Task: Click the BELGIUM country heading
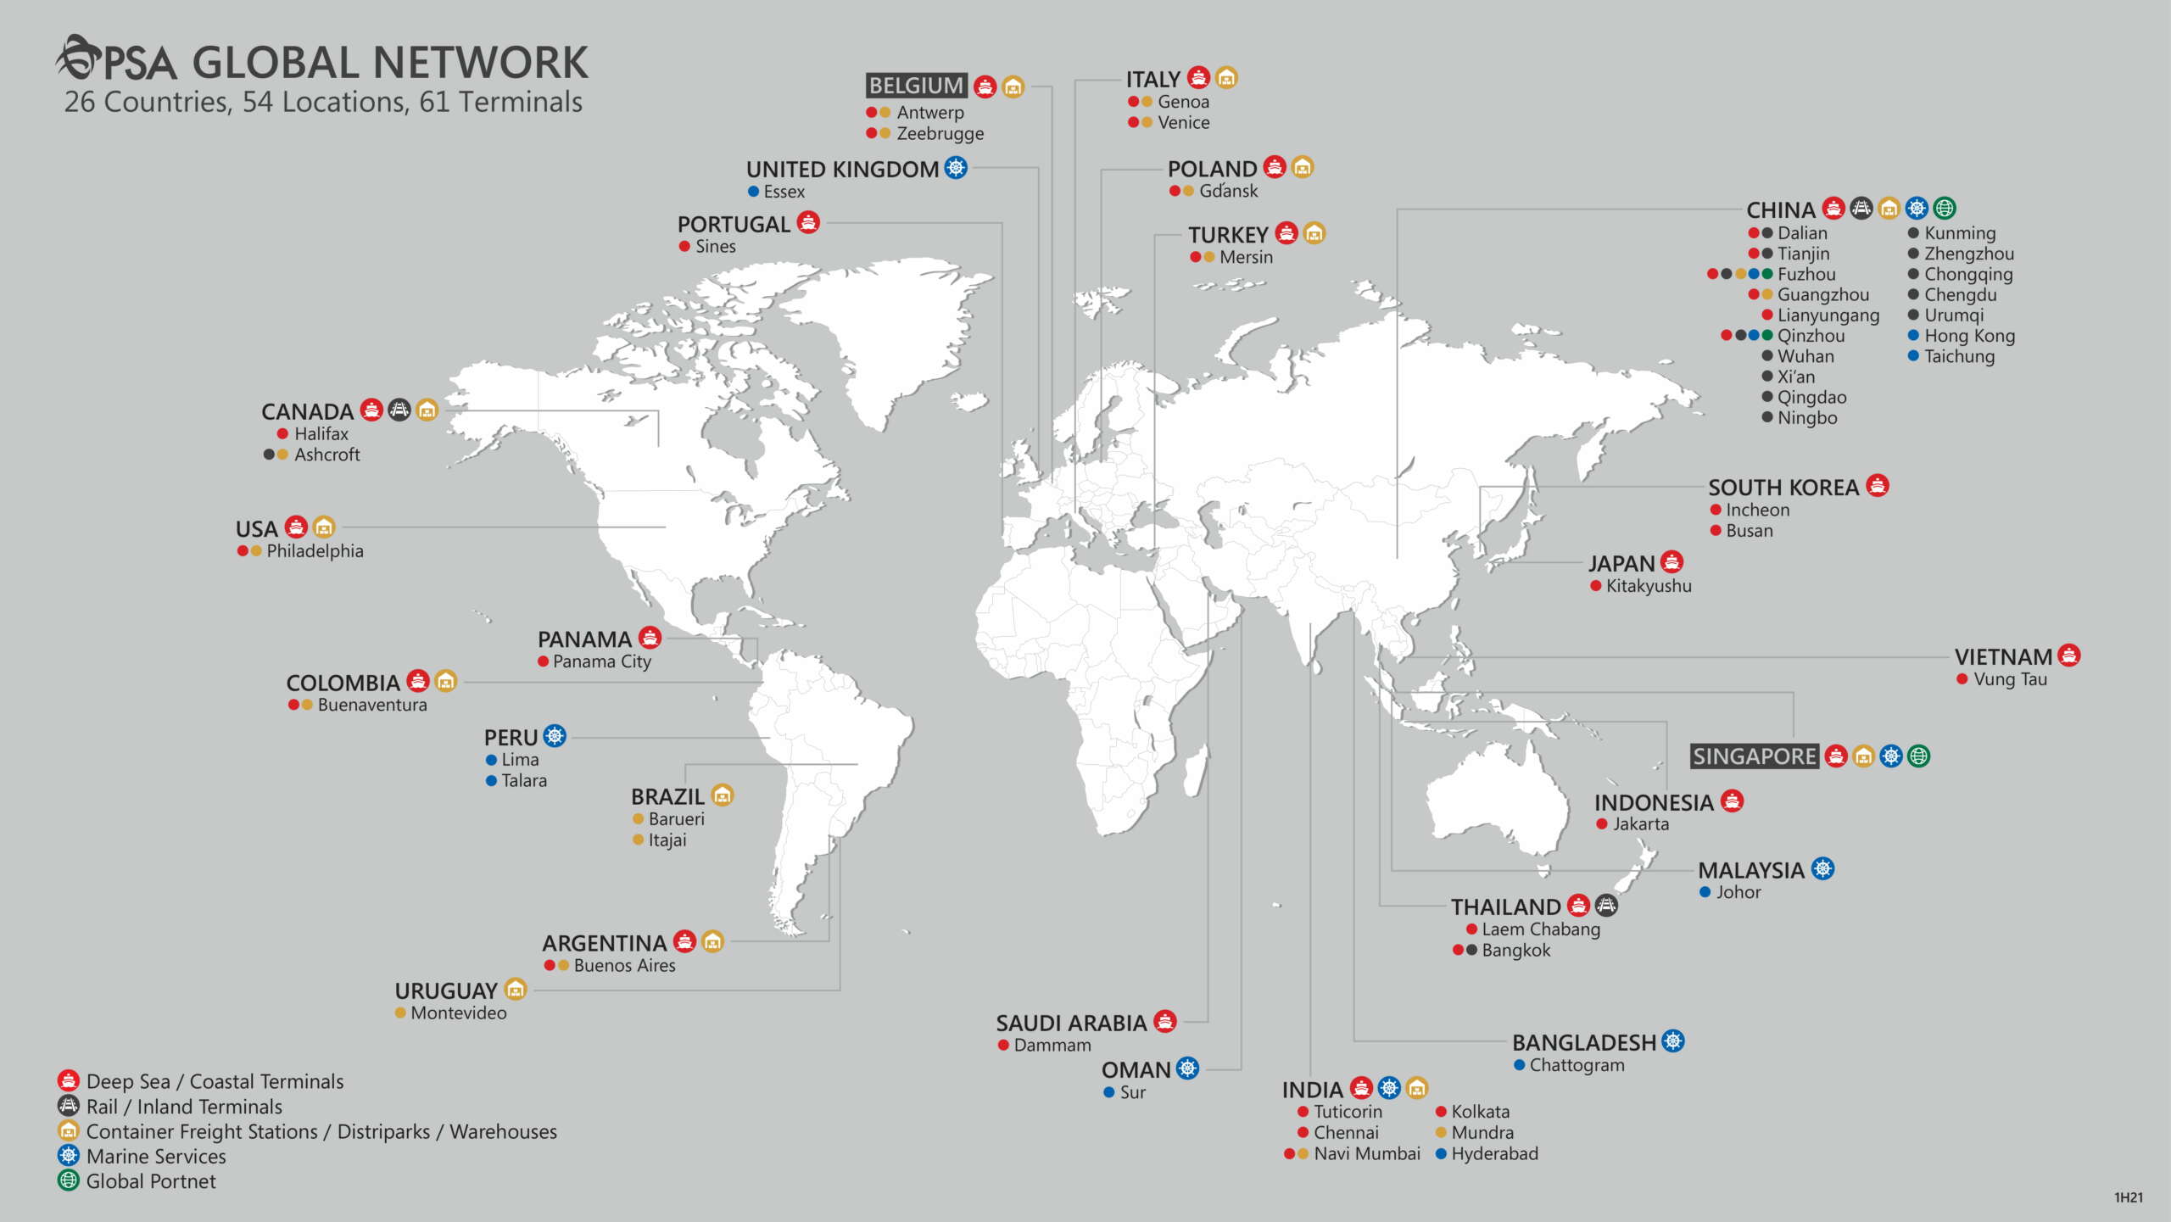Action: click(916, 86)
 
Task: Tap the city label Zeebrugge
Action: click(940, 134)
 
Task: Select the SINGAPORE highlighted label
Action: click(1754, 756)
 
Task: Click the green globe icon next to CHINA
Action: click(1945, 208)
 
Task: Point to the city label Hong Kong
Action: click(1969, 336)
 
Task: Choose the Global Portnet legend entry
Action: click(151, 1181)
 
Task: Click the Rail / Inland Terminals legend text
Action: click(184, 1107)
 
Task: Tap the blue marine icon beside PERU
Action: click(555, 736)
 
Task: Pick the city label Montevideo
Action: click(458, 1013)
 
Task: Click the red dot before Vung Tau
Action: click(1962, 679)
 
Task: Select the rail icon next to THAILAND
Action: click(1606, 906)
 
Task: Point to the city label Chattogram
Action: click(1577, 1065)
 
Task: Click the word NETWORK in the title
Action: click(480, 63)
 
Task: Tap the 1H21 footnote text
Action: click(2128, 1197)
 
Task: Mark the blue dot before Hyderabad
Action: click(1441, 1154)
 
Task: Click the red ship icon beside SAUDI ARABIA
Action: click(1166, 1022)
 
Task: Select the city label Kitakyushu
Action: click(1648, 586)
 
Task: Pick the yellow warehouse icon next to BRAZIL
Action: click(723, 795)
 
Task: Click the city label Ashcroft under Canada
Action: click(326, 455)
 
